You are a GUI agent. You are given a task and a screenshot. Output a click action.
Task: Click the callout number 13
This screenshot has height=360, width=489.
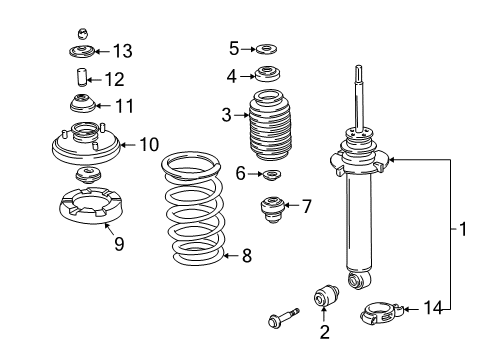(x=123, y=51)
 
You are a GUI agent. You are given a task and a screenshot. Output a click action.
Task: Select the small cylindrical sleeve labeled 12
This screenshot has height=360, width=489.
(x=80, y=77)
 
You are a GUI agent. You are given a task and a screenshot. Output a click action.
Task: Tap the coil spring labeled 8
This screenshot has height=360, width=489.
(x=193, y=209)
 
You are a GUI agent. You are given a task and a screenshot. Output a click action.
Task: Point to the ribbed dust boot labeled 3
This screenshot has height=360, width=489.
(x=270, y=126)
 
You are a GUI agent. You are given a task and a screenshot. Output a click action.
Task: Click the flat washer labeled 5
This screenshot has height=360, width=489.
(x=266, y=49)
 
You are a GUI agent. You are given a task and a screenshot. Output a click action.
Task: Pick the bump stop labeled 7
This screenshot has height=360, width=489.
(x=272, y=210)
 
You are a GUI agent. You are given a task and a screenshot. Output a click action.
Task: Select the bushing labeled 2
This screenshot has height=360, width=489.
(x=327, y=295)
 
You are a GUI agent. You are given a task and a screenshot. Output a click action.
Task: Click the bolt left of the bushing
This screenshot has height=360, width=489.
(x=284, y=317)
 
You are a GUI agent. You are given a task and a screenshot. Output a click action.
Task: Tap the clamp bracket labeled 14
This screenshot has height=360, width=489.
(x=382, y=314)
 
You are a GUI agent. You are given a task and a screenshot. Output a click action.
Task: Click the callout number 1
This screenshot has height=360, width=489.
(x=463, y=229)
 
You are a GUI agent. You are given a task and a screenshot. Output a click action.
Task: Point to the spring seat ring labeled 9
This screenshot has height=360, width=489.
(x=91, y=206)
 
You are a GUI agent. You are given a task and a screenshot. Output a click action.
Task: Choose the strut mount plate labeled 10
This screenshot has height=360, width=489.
(x=86, y=145)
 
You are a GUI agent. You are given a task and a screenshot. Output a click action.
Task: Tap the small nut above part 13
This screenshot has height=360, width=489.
(x=83, y=34)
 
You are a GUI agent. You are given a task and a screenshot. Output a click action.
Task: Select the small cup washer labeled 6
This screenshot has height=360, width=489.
(x=272, y=174)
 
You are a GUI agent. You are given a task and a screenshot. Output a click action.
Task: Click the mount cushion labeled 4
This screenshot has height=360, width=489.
(x=267, y=74)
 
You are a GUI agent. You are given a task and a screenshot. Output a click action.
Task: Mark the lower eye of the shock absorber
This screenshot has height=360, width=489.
(x=358, y=279)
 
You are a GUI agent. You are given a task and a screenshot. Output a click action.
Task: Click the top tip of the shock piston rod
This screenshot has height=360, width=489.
(x=359, y=66)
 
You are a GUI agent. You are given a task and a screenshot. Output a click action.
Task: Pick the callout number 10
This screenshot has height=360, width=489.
(x=149, y=145)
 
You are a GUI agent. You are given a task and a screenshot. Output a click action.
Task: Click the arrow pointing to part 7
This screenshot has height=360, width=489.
(x=292, y=205)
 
